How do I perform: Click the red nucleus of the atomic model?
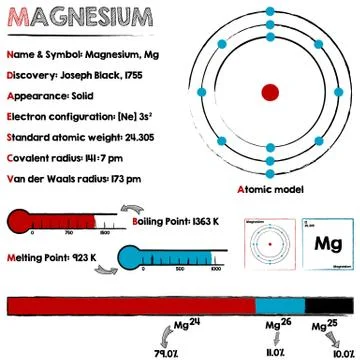[270, 92]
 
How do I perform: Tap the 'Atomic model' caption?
[269, 189]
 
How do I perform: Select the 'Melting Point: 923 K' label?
[52, 256]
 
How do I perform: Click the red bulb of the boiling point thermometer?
[21, 221]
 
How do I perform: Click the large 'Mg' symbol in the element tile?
[327, 244]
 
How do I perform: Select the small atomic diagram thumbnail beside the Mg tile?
[269, 244]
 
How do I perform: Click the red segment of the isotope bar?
[130, 307]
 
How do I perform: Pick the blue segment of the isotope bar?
[279, 307]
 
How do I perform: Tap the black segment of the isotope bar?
[328, 307]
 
